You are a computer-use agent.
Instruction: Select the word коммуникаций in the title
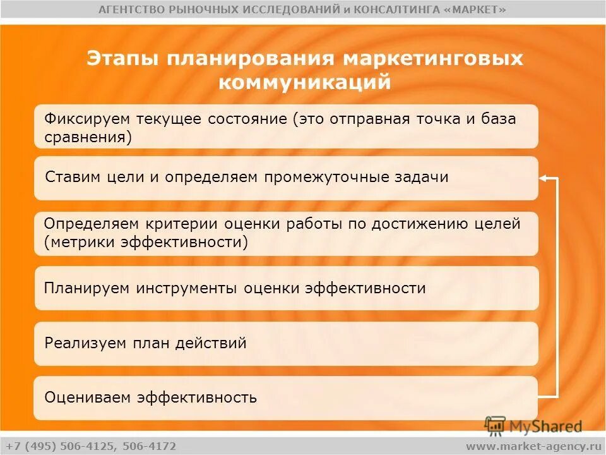305,82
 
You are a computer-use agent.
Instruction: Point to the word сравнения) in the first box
88,137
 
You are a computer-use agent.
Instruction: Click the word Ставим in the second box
73,177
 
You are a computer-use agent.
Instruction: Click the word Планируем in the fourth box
87,289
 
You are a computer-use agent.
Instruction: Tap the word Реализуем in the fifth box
86,344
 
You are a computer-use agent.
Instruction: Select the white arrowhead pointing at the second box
543,179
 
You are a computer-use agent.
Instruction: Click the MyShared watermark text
545,427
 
